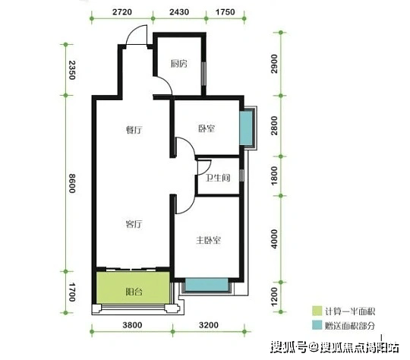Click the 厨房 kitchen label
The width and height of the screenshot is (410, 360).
click(x=179, y=64)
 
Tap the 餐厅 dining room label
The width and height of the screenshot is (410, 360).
click(x=134, y=130)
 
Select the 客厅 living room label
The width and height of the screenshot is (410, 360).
click(x=134, y=224)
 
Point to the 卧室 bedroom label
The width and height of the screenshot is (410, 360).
click(x=207, y=128)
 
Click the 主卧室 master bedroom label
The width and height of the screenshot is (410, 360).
click(x=208, y=240)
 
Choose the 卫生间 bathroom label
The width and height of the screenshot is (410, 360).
click(x=218, y=178)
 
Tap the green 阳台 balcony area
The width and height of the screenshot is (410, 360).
click(x=133, y=288)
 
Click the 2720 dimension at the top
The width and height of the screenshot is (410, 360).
click(x=122, y=12)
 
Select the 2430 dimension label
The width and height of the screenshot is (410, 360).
click(x=179, y=12)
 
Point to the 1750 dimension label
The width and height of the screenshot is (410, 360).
click(x=225, y=12)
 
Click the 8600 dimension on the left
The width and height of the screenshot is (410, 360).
click(x=72, y=183)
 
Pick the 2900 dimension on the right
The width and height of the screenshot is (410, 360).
click(x=274, y=64)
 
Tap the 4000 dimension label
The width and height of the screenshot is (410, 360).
click(x=274, y=239)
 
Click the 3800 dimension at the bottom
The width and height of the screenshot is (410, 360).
click(x=133, y=325)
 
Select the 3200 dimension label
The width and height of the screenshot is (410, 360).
click(x=209, y=325)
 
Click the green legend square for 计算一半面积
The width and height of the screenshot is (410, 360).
click(x=317, y=311)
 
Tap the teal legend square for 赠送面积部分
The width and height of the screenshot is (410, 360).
click(x=317, y=325)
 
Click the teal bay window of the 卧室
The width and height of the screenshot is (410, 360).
click(x=246, y=128)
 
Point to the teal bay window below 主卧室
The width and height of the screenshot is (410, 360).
click(x=207, y=284)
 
